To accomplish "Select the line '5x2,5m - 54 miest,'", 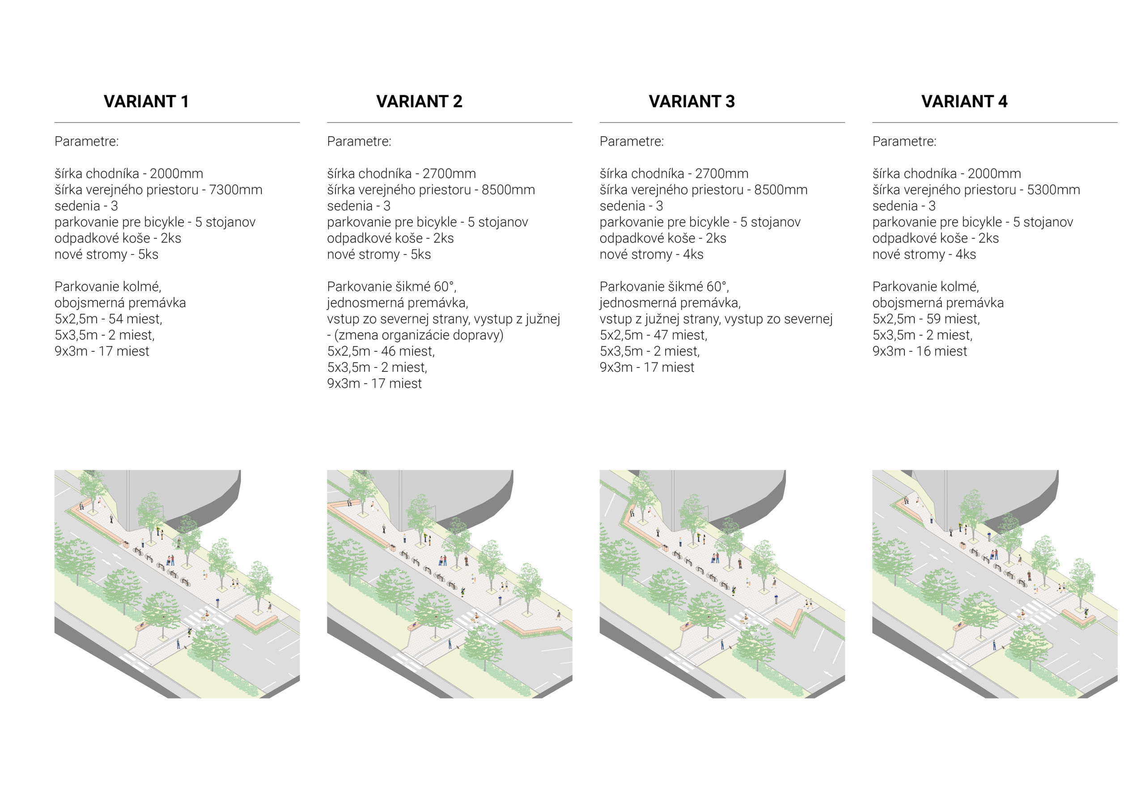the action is [x=108, y=319].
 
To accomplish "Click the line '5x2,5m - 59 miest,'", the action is [x=926, y=319].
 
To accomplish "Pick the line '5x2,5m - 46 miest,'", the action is [x=381, y=351].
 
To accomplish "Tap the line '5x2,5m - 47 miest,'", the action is [x=653, y=335].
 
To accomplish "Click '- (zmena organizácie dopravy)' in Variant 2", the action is [x=416, y=335].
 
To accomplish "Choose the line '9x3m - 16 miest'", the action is [x=920, y=351].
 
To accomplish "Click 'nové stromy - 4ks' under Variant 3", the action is [x=651, y=254].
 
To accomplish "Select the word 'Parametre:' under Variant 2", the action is [x=359, y=141].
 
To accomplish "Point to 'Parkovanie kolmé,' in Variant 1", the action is [x=108, y=287].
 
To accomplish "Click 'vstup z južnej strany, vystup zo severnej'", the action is [x=716, y=319].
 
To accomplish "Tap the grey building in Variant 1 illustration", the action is [x=185, y=496].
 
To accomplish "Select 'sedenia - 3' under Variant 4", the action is [x=903, y=206].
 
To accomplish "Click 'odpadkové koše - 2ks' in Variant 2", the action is [x=390, y=238].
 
